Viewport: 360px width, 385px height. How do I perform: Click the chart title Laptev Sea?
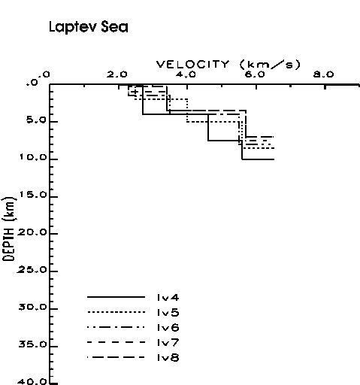click(x=89, y=27)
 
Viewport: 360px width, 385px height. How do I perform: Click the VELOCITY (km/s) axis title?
click(x=228, y=65)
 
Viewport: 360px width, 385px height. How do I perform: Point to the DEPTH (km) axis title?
click(x=9, y=229)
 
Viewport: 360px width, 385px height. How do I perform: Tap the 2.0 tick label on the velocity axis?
click(x=117, y=74)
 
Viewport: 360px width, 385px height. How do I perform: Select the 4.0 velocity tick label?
click(x=186, y=74)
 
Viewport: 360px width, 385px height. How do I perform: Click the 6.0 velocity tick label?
click(x=255, y=74)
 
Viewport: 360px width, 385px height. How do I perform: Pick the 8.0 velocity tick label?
click(x=324, y=74)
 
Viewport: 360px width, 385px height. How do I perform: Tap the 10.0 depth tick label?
click(x=33, y=157)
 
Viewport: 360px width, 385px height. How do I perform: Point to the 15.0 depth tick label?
click(x=33, y=195)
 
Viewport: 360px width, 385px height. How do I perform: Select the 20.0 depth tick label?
click(x=32, y=232)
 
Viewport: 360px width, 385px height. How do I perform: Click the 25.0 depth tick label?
click(x=32, y=270)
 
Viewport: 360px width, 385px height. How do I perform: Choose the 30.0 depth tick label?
click(x=32, y=307)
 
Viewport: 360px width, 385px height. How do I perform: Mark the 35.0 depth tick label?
click(x=32, y=344)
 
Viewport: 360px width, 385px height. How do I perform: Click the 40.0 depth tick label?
click(x=32, y=382)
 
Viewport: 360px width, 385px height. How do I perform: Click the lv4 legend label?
click(x=168, y=298)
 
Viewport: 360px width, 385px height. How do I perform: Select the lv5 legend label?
click(x=168, y=313)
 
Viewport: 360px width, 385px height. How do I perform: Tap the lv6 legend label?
click(x=168, y=328)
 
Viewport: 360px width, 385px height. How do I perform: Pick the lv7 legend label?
click(x=168, y=343)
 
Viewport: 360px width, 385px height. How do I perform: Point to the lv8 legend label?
click(x=168, y=358)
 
